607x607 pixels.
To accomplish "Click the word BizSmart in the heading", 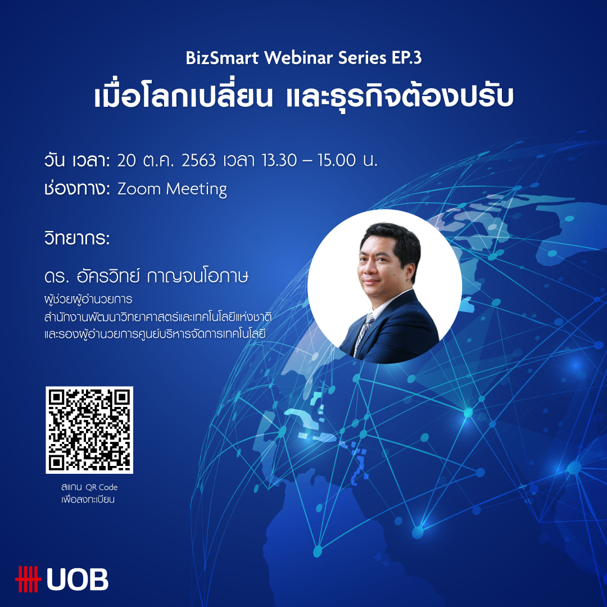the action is [x=222, y=58].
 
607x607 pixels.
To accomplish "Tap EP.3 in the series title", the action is [x=406, y=58].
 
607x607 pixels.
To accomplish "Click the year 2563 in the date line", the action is [x=198, y=160].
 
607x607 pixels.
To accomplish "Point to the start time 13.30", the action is [x=279, y=160].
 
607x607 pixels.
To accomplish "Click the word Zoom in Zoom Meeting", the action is [x=139, y=189].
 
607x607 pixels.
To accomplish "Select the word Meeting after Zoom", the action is [x=197, y=190].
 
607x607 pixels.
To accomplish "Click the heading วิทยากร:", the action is [x=77, y=238].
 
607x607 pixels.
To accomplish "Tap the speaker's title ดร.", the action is [x=57, y=277].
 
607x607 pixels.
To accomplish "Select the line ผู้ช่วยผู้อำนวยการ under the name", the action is [x=88, y=299].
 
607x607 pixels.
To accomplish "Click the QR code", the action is [x=89, y=430].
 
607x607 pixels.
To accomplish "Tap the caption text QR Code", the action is [x=101, y=487].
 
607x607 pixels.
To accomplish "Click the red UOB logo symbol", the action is [x=28, y=579].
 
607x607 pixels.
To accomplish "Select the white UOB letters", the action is [x=78, y=579].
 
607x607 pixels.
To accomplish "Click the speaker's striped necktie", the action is [x=363, y=332].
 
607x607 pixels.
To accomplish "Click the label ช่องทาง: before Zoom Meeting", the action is [x=78, y=189].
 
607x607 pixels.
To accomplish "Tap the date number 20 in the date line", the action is [x=126, y=160].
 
